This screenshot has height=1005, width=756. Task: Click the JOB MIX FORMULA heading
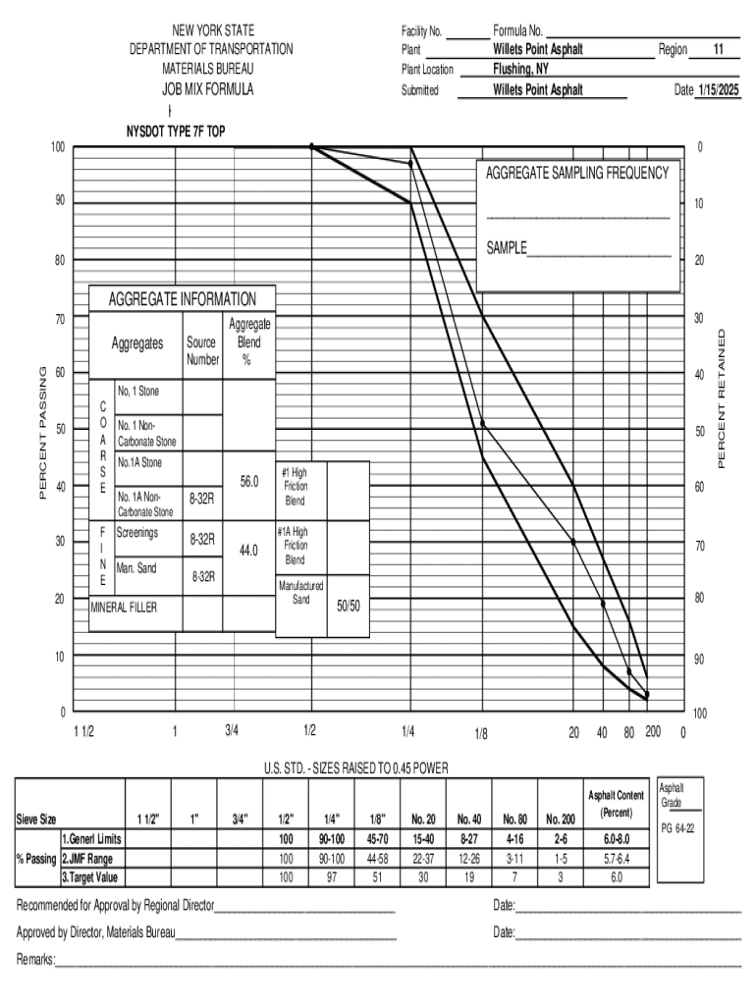click(x=207, y=89)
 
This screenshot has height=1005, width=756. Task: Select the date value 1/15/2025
click(x=717, y=89)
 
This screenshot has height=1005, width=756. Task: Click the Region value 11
click(x=719, y=49)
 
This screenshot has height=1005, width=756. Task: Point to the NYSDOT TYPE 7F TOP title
click(x=176, y=131)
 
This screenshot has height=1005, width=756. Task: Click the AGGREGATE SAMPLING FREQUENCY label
click(x=576, y=173)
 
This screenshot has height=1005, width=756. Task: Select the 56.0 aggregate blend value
click(x=248, y=482)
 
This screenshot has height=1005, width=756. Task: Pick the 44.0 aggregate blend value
click(x=248, y=551)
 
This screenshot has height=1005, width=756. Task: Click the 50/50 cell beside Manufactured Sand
click(x=349, y=606)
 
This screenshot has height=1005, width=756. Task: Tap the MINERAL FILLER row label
click(x=124, y=607)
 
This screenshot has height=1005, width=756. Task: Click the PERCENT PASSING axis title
click(x=42, y=432)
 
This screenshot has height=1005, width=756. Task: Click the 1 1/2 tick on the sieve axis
click(x=83, y=731)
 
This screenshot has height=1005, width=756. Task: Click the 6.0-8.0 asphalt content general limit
click(x=616, y=839)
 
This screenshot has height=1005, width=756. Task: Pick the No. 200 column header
click(x=560, y=819)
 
